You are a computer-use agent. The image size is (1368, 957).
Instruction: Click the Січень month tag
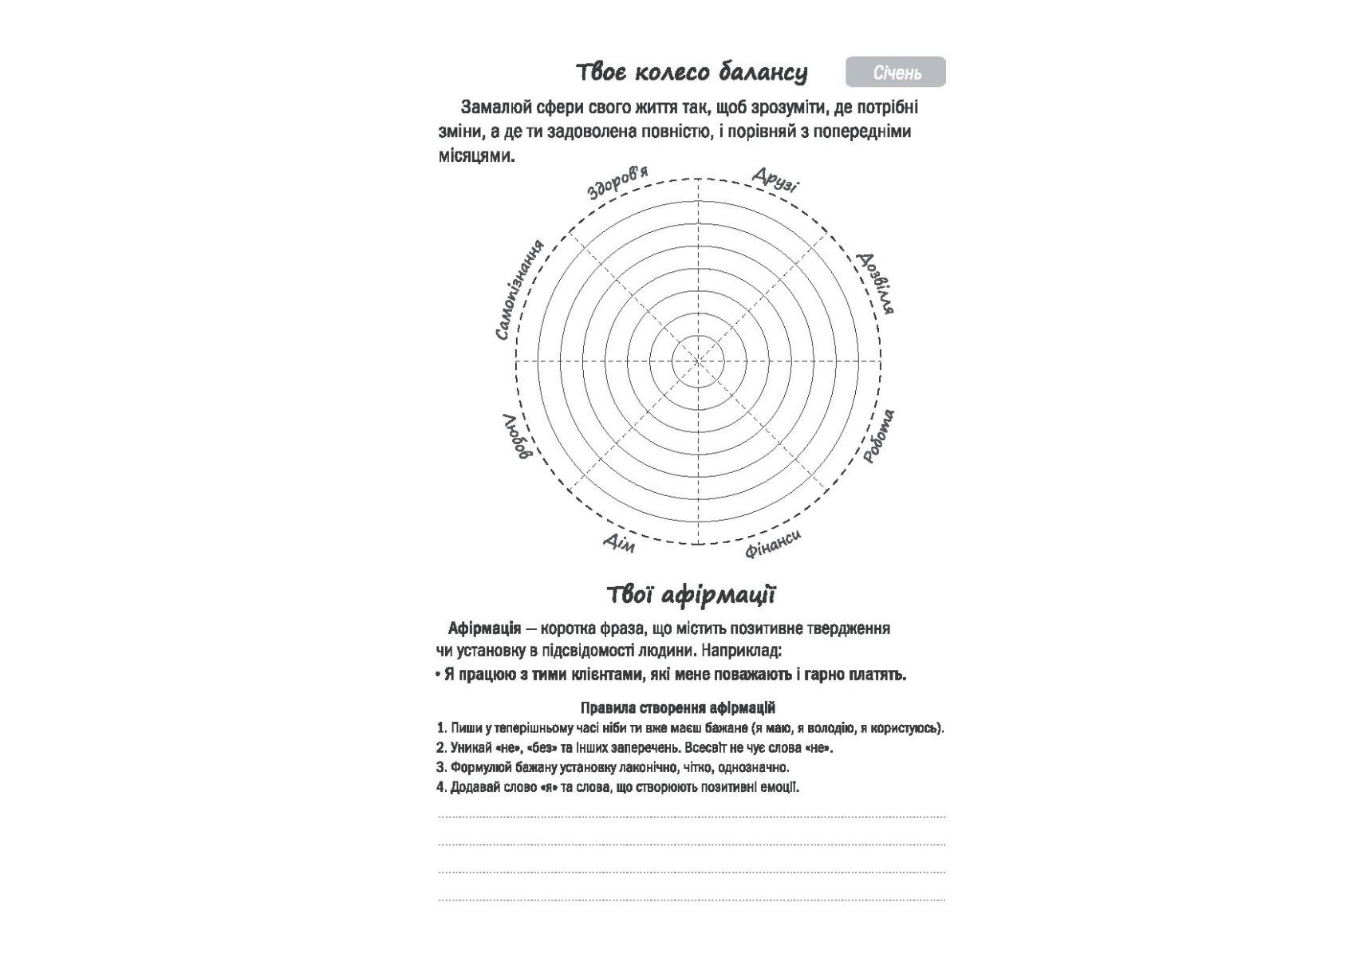tap(896, 73)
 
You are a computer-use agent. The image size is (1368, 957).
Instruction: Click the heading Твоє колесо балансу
tap(692, 73)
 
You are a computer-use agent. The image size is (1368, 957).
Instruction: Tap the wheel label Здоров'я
tap(617, 183)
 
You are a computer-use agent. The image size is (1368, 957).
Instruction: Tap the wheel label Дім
tap(619, 542)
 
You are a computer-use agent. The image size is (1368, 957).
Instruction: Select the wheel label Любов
tap(516, 436)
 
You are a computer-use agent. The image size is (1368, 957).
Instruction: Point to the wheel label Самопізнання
tap(519, 289)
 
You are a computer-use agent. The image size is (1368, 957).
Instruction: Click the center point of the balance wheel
tap(698, 361)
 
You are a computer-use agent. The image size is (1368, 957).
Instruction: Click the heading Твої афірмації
tap(691, 595)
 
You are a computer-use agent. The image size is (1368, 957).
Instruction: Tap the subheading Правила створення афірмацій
tap(678, 707)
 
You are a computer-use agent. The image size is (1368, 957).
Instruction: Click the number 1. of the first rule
tap(441, 728)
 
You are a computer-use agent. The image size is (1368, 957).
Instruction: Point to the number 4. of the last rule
tap(441, 787)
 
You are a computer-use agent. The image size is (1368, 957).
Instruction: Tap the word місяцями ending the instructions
tap(476, 156)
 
